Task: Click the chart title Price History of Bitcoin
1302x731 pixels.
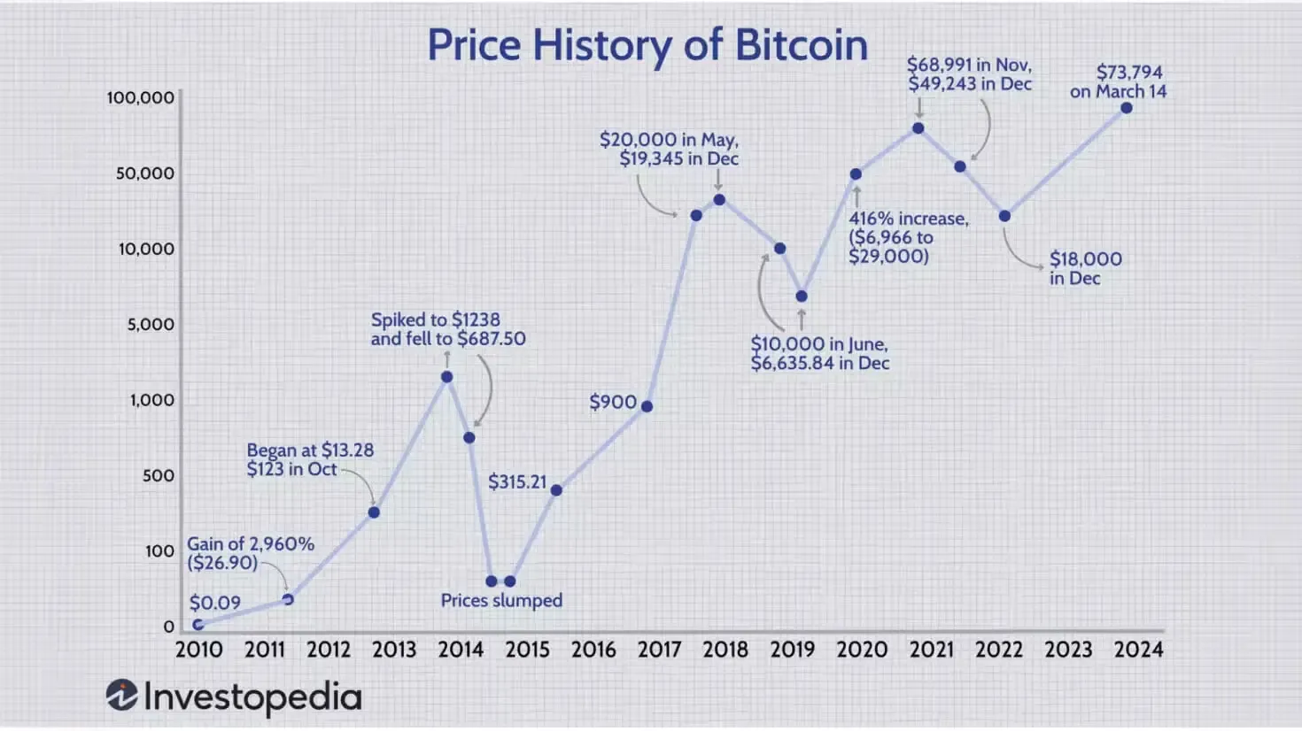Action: click(x=647, y=45)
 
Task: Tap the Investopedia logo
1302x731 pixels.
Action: click(x=234, y=696)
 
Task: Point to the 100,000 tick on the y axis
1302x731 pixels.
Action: click(x=141, y=97)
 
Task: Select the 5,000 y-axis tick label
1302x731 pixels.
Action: click(x=151, y=324)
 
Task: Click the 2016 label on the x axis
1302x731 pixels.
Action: click(x=593, y=650)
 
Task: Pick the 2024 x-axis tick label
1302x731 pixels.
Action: click(x=1138, y=650)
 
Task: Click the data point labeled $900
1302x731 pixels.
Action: click(x=647, y=406)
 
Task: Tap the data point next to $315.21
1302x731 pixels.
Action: click(x=556, y=490)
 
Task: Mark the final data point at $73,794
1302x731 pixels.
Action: click(x=1127, y=108)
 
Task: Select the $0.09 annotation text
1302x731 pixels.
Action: click(x=214, y=603)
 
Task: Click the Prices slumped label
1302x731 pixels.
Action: click(x=501, y=600)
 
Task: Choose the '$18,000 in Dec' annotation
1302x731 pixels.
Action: click(x=1085, y=268)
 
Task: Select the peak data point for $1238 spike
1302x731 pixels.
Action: click(x=447, y=377)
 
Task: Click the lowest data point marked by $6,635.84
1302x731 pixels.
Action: click(x=802, y=296)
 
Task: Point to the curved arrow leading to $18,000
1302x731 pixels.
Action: click(x=1019, y=252)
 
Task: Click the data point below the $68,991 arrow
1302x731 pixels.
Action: click(x=918, y=128)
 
